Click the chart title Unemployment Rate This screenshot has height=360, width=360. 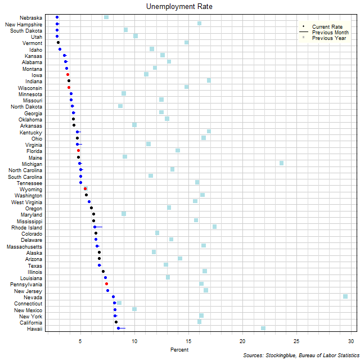click(x=179, y=7)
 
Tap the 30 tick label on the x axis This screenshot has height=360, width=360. click(x=351, y=341)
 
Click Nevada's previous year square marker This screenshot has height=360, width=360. click(x=345, y=296)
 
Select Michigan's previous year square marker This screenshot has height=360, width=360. click(x=281, y=163)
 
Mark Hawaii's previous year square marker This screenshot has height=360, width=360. click(x=263, y=328)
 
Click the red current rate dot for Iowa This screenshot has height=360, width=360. click(x=67, y=74)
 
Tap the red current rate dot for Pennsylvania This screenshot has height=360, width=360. click(x=106, y=283)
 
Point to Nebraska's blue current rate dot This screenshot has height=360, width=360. click(x=57, y=17)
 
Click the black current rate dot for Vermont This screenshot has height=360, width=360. click(x=58, y=43)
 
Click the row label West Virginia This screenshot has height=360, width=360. click(x=26, y=202)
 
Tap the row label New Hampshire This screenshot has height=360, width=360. click(x=23, y=24)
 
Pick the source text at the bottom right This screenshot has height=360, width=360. click(x=300, y=355)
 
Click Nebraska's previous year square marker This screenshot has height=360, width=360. click(x=106, y=17)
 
